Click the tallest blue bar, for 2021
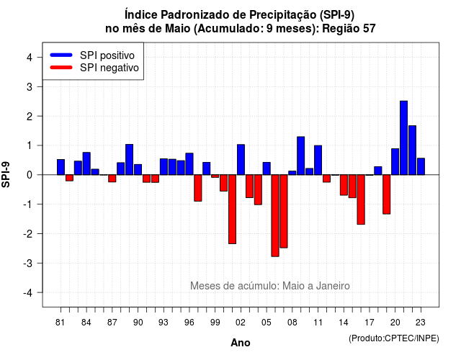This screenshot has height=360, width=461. [403, 138]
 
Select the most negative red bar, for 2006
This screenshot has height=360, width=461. [275, 215]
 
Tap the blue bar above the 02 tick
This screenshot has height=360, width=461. [241, 160]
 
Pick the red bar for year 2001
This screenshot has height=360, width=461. [232, 209]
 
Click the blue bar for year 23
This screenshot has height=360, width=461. [421, 166]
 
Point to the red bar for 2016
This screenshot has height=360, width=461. [361, 199]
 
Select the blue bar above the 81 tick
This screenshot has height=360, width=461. [61, 167]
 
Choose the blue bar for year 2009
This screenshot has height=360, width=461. [301, 156]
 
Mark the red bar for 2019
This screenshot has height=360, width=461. [387, 194]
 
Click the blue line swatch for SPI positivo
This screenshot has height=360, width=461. [61, 55]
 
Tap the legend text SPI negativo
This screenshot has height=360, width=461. [109, 68]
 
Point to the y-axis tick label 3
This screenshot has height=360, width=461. [30, 87]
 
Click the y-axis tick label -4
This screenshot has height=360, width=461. [28, 293]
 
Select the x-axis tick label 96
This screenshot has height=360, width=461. [189, 323]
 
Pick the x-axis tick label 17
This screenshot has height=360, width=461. [370, 323]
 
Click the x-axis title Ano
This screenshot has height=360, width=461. [241, 343]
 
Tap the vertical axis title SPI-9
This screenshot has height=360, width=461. [6, 174]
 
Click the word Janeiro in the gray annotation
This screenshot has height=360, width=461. [333, 286]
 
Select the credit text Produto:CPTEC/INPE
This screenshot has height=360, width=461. [394, 338]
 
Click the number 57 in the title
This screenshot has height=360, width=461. [370, 29]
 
